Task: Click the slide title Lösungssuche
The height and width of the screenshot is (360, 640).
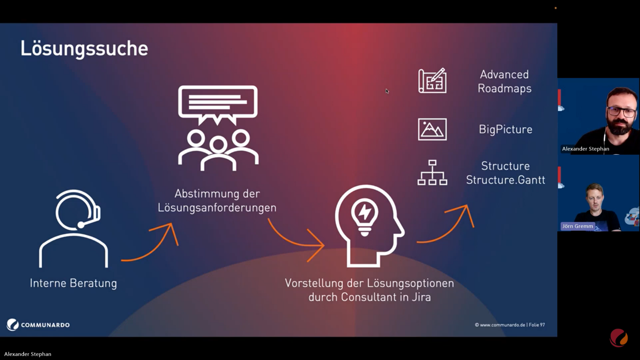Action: [x=84, y=48]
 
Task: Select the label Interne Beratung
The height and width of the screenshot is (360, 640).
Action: [x=73, y=283]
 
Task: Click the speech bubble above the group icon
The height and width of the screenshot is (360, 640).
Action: [x=218, y=103]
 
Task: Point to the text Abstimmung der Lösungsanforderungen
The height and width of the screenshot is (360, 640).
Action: [x=217, y=201]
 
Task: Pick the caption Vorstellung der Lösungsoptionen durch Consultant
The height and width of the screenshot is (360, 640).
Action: [x=369, y=290]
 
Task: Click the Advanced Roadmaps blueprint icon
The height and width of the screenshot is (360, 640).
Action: [x=432, y=81]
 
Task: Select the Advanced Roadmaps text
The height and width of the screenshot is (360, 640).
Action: [x=504, y=81]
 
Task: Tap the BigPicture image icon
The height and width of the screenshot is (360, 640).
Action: [x=432, y=129]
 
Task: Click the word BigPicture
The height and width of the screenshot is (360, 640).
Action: [x=506, y=130]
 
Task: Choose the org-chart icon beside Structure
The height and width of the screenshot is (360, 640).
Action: [x=432, y=173]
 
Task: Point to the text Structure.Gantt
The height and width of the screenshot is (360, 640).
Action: [x=506, y=180]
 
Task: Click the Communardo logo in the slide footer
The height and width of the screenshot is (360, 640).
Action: [x=38, y=325]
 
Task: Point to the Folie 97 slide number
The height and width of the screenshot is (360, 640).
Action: [x=537, y=325]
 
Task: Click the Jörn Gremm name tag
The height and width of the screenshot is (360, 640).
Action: [x=578, y=226]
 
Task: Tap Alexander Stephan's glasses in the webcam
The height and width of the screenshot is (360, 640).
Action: [x=621, y=112]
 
